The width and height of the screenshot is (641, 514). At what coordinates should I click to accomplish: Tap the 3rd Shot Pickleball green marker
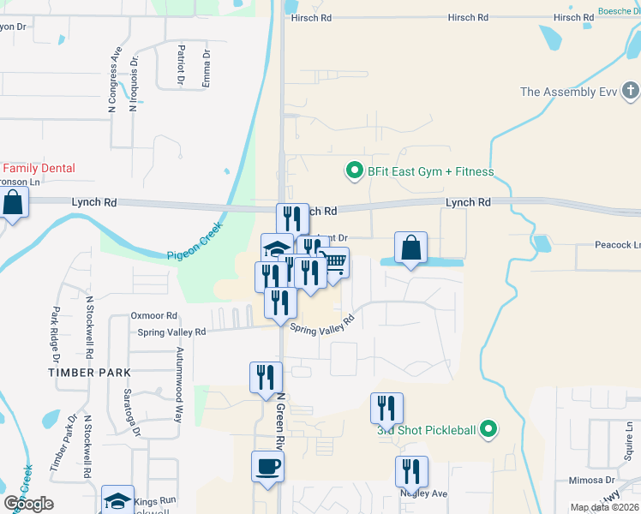(488, 429)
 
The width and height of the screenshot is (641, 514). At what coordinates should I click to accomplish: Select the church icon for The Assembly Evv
(630, 91)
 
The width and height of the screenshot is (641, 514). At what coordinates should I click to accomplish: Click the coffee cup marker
(267, 467)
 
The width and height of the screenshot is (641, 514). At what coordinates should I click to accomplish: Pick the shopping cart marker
(333, 262)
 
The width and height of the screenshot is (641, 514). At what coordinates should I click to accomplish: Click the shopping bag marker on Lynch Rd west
(13, 203)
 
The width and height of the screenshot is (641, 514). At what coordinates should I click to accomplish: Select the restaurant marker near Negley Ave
(411, 471)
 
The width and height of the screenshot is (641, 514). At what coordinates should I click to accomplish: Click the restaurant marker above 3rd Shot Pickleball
(386, 408)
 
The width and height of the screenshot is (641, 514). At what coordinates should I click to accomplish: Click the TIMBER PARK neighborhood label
(90, 373)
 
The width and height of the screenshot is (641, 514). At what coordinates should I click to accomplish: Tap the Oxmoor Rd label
(153, 315)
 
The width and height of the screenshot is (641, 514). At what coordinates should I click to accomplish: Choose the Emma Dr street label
(206, 69)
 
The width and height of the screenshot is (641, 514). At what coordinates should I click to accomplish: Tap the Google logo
(28, 504)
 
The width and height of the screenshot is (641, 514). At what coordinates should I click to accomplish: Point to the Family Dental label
(39, 169)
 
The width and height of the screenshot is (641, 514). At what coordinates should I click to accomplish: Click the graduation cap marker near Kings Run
(117, 501)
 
